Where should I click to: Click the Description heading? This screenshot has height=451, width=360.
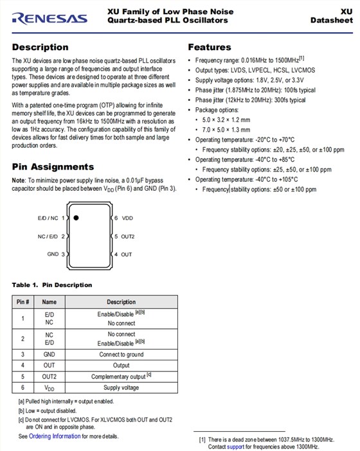(x=40, y=47)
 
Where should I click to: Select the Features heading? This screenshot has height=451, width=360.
(x=209, y=47)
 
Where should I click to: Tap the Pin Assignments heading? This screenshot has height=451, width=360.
(x=53, y=166)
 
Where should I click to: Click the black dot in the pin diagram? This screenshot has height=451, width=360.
(x=76, y=218)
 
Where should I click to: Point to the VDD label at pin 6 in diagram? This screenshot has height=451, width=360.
(x=127, y=218)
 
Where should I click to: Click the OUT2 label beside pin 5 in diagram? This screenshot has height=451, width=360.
(x=128, y=236)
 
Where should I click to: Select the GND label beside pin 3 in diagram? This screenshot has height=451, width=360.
(x=53, y=254)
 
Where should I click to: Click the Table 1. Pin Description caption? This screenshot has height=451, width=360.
(x=52, y=285)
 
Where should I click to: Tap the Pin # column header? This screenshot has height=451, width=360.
(x=22, y=301)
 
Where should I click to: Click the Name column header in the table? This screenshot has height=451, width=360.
(x=50, y=301)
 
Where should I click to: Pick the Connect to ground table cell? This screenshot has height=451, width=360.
(x=122, y=354)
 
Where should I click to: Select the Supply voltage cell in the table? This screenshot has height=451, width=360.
(x=122, y=388)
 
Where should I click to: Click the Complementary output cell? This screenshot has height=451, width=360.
(x=119, y=376)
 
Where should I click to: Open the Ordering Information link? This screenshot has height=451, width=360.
(x=55, y=436)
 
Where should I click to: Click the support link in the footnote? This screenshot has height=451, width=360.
(x=235, y=447)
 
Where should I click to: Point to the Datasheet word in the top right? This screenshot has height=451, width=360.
(x=331, y=20)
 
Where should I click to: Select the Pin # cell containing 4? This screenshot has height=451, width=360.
(x=22, y=365)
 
